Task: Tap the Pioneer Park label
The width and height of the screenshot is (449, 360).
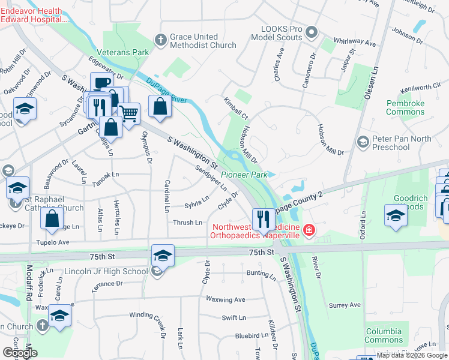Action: click(x=244, y=175)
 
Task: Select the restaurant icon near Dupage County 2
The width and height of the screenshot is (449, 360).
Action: click(x=263, y=220)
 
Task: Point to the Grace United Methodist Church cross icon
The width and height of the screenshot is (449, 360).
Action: click(x=160, y=40)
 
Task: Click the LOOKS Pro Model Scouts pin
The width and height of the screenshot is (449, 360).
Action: click(x=311, y=32)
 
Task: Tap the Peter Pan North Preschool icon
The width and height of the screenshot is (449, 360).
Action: click(x=363, y=142)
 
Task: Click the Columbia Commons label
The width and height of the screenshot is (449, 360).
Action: click(x=384, y=335)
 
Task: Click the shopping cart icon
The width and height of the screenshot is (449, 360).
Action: click(x=129, y=112)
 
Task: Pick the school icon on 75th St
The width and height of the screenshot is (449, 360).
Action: click(x=163, y=255)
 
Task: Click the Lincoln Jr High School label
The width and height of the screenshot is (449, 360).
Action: click(x=110, y=271)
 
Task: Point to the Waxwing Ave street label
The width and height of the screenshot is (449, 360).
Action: click(x=225, y=299)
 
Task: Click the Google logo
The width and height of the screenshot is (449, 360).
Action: click(x=20, y=352)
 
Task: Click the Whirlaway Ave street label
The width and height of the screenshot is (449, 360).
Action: click(x=355, y=44)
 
